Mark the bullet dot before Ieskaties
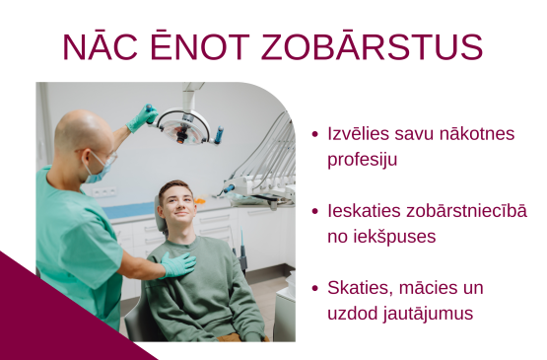[314, 212]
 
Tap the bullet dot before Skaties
[314, 289]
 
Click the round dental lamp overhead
[183, 125]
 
